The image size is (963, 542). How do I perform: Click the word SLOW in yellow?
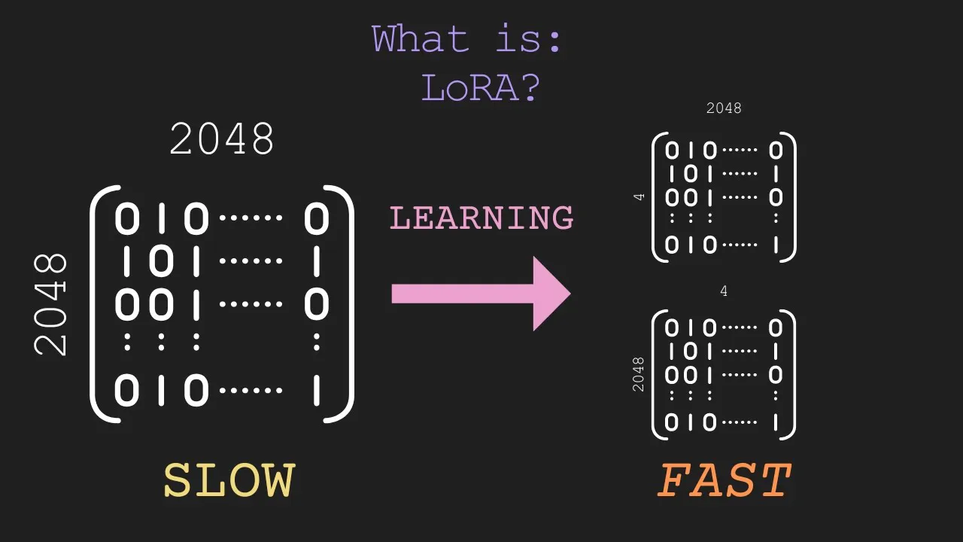pos(229,481)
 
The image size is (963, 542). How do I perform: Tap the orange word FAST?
pos(724,481)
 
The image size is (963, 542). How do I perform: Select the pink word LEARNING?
pos(481,218)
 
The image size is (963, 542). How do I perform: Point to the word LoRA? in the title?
pos(481,88)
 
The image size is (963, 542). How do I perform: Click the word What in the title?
pos(421,39)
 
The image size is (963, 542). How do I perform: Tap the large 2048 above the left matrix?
pos(222,139)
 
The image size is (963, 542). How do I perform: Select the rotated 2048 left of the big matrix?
pos(51,305)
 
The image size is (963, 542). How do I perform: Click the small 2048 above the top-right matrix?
pos(724,108)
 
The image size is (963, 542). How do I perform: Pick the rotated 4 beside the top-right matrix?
pos(639,197)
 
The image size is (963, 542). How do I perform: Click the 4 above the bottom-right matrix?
pos(724,291)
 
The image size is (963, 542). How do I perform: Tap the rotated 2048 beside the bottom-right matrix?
pos(639,374)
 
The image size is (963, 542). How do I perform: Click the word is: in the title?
pos(529,39)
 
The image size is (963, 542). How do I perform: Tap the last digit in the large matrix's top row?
pos(317,219)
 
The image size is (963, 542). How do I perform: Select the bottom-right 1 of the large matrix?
pos(317,391)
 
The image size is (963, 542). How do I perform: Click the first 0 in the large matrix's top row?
pos(126,219)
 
